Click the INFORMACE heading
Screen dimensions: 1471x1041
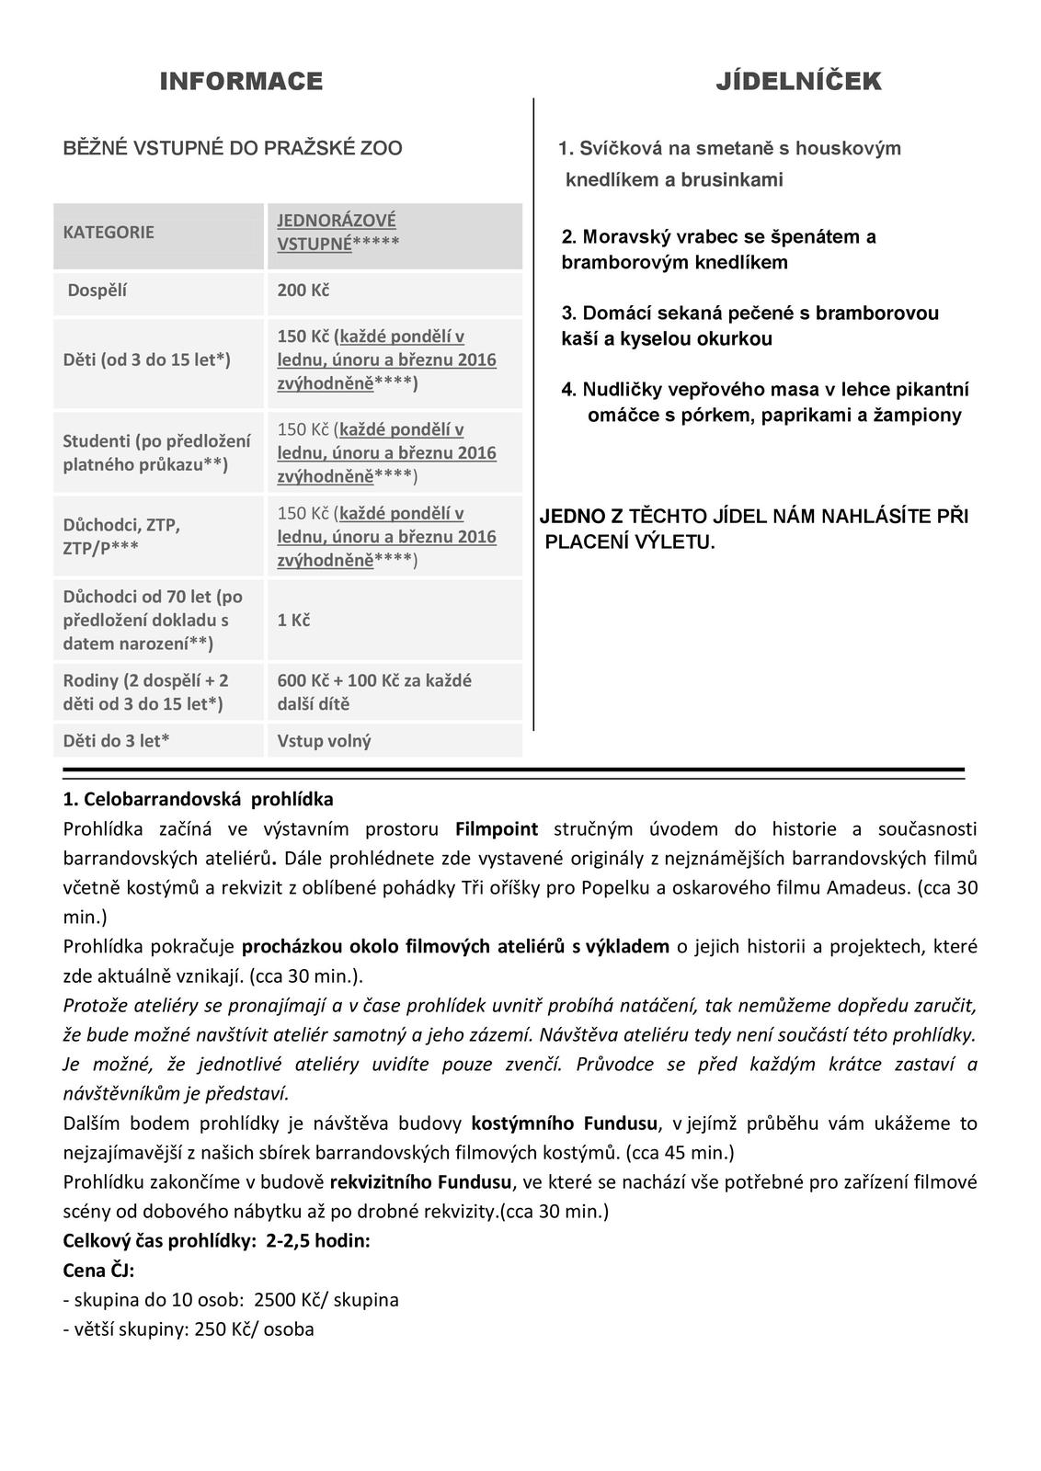point(241,82)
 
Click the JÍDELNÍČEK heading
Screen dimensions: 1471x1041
point(798,82)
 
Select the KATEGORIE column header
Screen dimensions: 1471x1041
point(109,232)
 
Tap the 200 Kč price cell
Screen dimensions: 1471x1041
point(303,291)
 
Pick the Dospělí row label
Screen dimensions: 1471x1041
point(97,291)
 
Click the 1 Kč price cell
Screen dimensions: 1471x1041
point(293,620)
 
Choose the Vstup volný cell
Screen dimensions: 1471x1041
point(324,740)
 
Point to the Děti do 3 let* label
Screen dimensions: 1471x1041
point(116,740)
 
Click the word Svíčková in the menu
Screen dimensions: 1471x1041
point(616,148)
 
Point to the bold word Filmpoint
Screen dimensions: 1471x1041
point(497,829)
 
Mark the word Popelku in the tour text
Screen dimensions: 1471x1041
point(533,888)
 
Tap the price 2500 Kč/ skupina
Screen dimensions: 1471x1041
point(326,1300)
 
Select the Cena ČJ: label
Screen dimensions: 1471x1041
point(98,1271)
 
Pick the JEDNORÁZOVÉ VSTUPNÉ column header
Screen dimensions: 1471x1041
point(337,232)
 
